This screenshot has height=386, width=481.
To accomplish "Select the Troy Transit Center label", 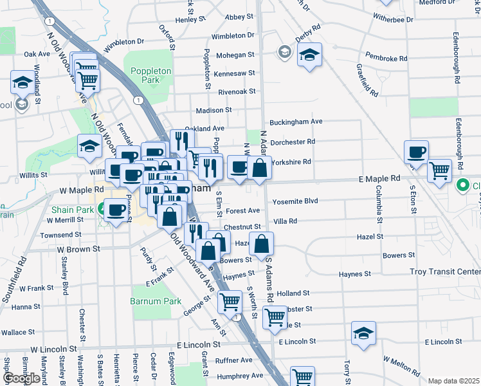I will (445, 272).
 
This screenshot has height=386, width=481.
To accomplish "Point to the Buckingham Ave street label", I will (296, 122).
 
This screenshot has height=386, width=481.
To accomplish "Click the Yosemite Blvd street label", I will (295, 201).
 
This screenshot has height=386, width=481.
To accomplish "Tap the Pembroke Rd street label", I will (386, 58).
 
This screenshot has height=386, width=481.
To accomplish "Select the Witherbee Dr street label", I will (389, 20).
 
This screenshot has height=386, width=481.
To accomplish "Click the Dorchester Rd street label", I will (293, 142).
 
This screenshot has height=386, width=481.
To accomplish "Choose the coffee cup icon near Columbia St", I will (416, 152).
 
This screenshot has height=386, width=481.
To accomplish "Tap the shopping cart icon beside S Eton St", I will (439, 171).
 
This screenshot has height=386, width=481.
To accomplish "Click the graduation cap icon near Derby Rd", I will (309, 55).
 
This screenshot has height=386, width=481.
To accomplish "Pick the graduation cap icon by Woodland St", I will (23, 82).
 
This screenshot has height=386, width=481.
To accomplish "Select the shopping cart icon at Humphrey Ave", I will (302, 376).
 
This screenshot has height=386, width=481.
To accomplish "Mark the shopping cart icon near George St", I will (230, 301).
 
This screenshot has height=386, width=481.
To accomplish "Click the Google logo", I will (21, 378).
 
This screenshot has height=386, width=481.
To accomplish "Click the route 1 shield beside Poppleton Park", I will (138, 100).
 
